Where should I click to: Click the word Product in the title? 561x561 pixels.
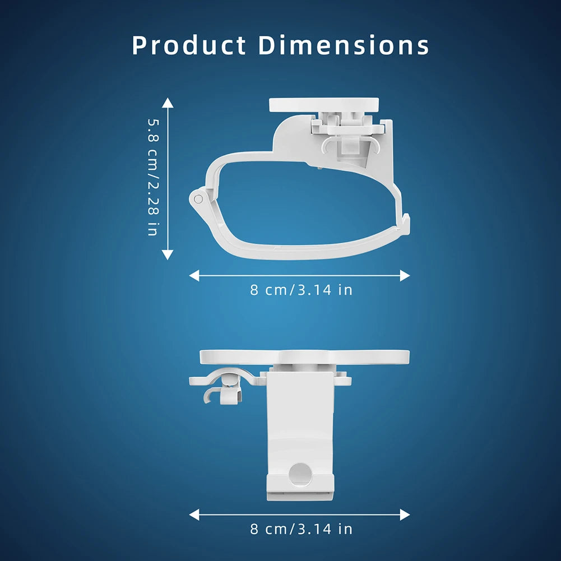[189, 45]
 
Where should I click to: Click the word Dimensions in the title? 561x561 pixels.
[344, 45]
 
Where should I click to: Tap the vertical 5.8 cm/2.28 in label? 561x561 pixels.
[153, 177]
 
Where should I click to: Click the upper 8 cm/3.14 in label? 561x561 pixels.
[301, 290]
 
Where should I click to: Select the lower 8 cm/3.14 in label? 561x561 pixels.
[301, 529]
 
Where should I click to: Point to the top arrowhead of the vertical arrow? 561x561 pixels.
[168, 103]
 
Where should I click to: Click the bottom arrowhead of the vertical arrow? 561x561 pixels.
[168, 255]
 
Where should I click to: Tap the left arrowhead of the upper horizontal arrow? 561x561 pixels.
[194, 276]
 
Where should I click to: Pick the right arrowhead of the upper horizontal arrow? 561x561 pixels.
[405, 276]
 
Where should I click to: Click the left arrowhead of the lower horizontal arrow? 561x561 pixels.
[194, 515]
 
